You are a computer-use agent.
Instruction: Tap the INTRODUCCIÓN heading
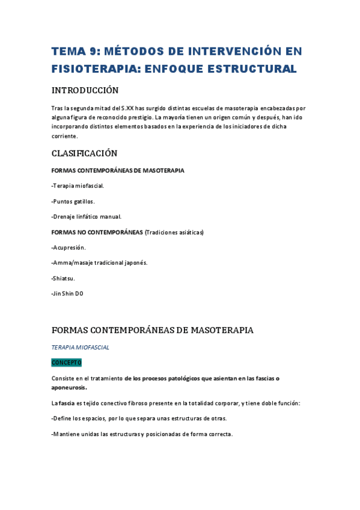point(85,91)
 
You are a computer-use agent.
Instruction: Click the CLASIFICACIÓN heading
point(85,153)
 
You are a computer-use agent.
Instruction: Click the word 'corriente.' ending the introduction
point(65,137)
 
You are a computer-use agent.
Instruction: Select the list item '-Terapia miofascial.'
point(78,186)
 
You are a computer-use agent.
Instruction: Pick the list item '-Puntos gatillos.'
point(73,201)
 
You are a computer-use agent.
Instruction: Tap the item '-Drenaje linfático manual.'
point(87,217)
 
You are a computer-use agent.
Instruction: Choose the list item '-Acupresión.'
point(69,247)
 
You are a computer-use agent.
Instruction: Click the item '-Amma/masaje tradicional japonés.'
point(100,263)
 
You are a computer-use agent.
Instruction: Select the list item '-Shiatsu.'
point(64,278)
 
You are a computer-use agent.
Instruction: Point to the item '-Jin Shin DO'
point(68,293)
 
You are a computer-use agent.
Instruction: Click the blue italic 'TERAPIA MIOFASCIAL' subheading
point(81,348)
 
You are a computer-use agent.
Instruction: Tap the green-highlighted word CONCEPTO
point(66,363)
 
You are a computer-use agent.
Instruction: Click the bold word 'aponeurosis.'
point(69,387)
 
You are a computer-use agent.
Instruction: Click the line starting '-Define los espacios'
point(139,419)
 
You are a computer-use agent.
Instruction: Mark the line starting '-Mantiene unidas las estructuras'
point(142,434)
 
